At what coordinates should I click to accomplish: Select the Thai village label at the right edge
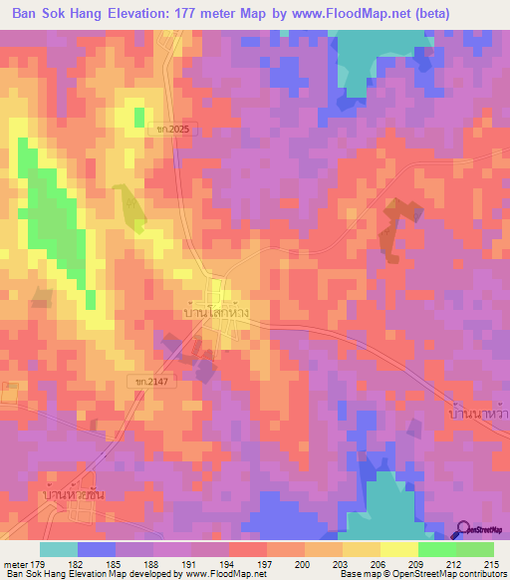(477, 410)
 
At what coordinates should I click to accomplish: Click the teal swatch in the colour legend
(59, 549)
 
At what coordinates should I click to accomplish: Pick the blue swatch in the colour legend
(97, 549)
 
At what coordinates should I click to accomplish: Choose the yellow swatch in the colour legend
(399, 549)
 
